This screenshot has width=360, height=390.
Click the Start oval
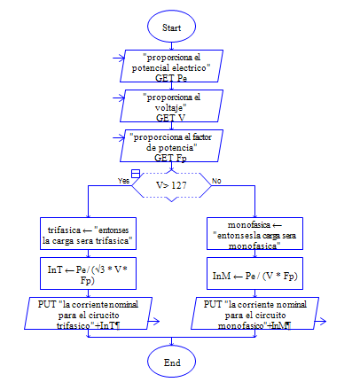click(x=171, y=27)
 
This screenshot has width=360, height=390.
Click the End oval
click(x=171, y=362)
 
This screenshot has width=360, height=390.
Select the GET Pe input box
click(x=171, y=66)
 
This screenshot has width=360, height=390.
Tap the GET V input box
click(x=171, y=105)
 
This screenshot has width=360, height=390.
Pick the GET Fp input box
click(x=171, y=145)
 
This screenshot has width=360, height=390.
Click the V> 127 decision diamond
click(x=171, y=185)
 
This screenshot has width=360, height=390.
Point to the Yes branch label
click(x=123, y=181)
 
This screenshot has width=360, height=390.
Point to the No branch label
click(x=216, y=181)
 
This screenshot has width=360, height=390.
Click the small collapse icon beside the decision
click(x=136, y=174)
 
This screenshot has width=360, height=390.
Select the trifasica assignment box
click(x=88, y=233)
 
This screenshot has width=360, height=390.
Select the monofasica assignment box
click(x=254, y=233)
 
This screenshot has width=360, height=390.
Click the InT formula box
click(x=88, y=273)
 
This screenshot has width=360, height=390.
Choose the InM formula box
click(x=254, y=273)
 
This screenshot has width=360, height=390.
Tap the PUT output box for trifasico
click(x=88, y=313)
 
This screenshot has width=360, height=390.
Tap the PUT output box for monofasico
click(x=254, y=313)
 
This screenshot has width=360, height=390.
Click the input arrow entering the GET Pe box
click(x=119, y=58)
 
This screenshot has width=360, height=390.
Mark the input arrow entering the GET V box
click(x=119, y=97)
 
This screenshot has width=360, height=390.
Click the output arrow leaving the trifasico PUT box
click(x=153, y=321)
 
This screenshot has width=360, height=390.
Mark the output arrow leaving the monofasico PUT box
click(x=320, y=321)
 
